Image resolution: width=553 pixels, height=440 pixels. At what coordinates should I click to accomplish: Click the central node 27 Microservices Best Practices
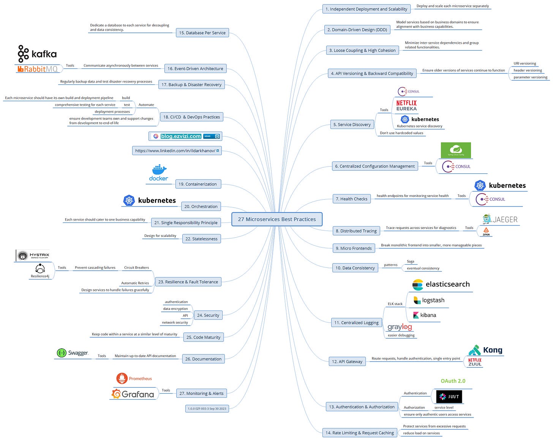[x=277, y=219]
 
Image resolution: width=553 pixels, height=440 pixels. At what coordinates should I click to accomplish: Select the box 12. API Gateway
[x=347, y=361]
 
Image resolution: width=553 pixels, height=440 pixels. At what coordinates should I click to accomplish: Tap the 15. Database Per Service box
[x=202, y=33]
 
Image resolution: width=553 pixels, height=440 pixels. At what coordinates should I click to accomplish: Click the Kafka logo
[x=37, y=54]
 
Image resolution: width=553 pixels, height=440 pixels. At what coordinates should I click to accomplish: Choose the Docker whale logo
[x=159, y=173]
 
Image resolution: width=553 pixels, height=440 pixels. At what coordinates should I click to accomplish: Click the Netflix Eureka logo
[x=406, y=105]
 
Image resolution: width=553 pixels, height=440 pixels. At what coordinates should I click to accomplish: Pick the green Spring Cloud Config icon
[x=456, y=150]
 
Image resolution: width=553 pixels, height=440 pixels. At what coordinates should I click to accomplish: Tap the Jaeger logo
[x=500, y=219]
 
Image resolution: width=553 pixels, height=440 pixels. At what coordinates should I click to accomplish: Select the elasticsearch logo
[x=441, y=284]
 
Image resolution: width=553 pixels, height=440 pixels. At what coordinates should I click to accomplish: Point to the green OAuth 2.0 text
[x=453, y=381]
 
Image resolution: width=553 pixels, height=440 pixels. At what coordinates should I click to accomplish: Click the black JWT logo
[x=449, y=397]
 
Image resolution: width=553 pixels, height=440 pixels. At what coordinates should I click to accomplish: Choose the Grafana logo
[x=133, y=394]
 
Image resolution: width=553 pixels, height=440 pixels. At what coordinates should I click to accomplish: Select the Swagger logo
[x=73, y=353]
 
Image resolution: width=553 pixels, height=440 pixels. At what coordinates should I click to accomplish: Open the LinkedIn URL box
[x=177, y=151]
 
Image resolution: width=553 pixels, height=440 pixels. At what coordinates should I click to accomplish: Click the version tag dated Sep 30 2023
[x=207, y=408]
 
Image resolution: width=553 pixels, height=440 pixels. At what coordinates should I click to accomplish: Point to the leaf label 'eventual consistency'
[x=423, y=268]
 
